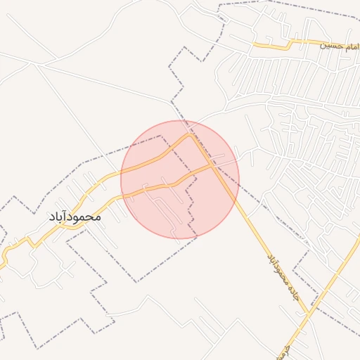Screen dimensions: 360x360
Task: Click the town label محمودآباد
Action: (x=75, y=217)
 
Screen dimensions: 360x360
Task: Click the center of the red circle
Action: (x=180, y=179)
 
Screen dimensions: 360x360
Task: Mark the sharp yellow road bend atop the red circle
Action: (x=189, y=134)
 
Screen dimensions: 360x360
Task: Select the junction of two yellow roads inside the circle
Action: (x=213, y=166)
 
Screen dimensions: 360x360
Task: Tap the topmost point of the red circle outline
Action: (x=180, y=120)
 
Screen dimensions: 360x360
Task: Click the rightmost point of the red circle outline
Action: (x=239, y=179)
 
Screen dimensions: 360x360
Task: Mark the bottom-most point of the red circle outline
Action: (x=180, y=238)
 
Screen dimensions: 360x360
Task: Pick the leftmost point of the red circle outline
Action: (x=121, y=179)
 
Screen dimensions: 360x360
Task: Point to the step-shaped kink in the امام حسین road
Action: (x=289, y=44)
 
